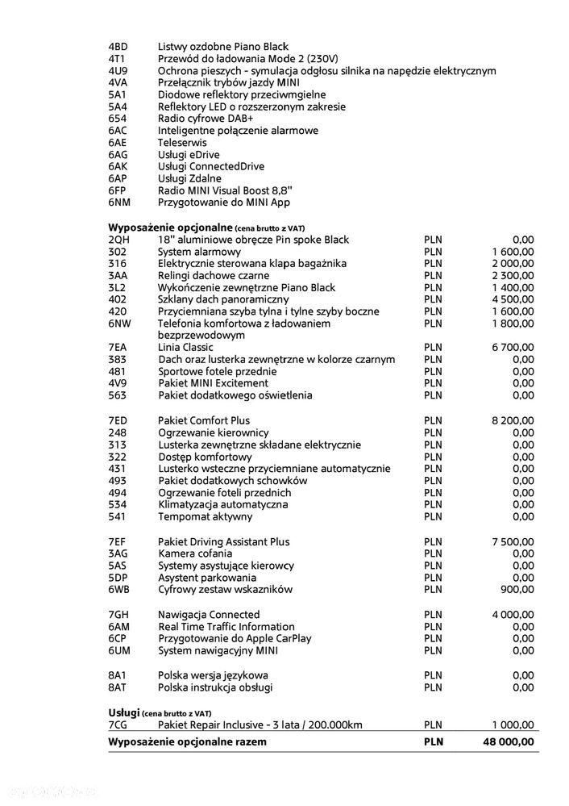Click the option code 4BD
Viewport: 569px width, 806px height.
coord(118,47)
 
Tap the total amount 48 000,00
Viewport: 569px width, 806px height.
coord(504,741)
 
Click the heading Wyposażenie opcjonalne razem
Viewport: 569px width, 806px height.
coord(187,741)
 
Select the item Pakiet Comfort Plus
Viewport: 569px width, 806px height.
coord(204,420)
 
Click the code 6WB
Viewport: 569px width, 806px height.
coord(119,590)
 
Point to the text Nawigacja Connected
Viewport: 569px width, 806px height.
coord(209,615)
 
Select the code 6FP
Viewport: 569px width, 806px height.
coord(118,190)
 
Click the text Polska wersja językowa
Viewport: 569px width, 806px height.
coord(214,675)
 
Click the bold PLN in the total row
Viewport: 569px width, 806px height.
coord(434,741)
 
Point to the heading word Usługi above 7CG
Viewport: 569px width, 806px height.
coord(124,712)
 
